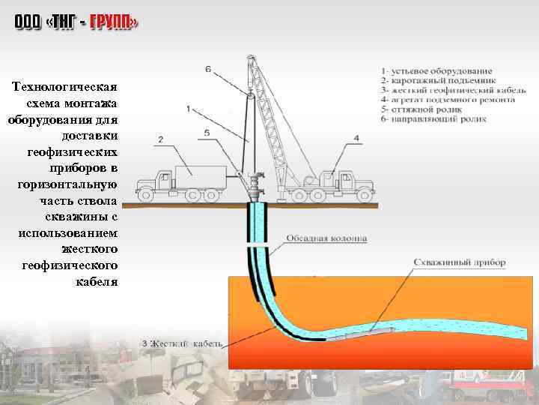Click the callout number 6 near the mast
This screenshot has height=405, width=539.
point(208,70)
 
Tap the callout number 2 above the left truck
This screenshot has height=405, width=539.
point(160,139)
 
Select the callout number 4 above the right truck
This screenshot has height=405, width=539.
point(356,138)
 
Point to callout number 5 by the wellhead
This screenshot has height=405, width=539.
point(207,133)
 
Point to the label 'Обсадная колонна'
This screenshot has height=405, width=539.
point(326,239)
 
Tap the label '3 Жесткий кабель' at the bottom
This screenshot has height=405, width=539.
point(183,343)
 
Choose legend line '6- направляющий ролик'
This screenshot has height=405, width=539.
point(433,118)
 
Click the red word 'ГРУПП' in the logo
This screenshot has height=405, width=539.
point(114,23)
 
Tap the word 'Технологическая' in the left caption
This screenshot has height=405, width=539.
point(65,88)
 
